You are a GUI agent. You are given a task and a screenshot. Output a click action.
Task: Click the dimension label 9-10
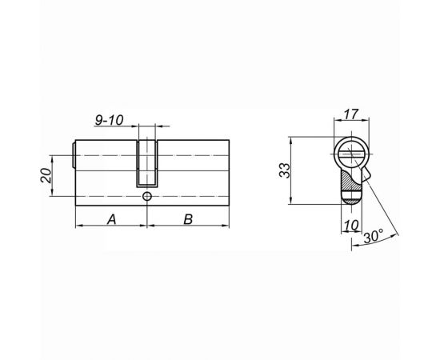coord(107,121)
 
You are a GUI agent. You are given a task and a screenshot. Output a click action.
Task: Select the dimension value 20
coord(46,174)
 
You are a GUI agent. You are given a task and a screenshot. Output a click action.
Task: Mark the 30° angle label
coord(374,238)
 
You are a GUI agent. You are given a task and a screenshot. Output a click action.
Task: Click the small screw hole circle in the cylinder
coord(148,196)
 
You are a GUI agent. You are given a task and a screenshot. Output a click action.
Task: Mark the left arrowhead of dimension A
coord(78,227)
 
